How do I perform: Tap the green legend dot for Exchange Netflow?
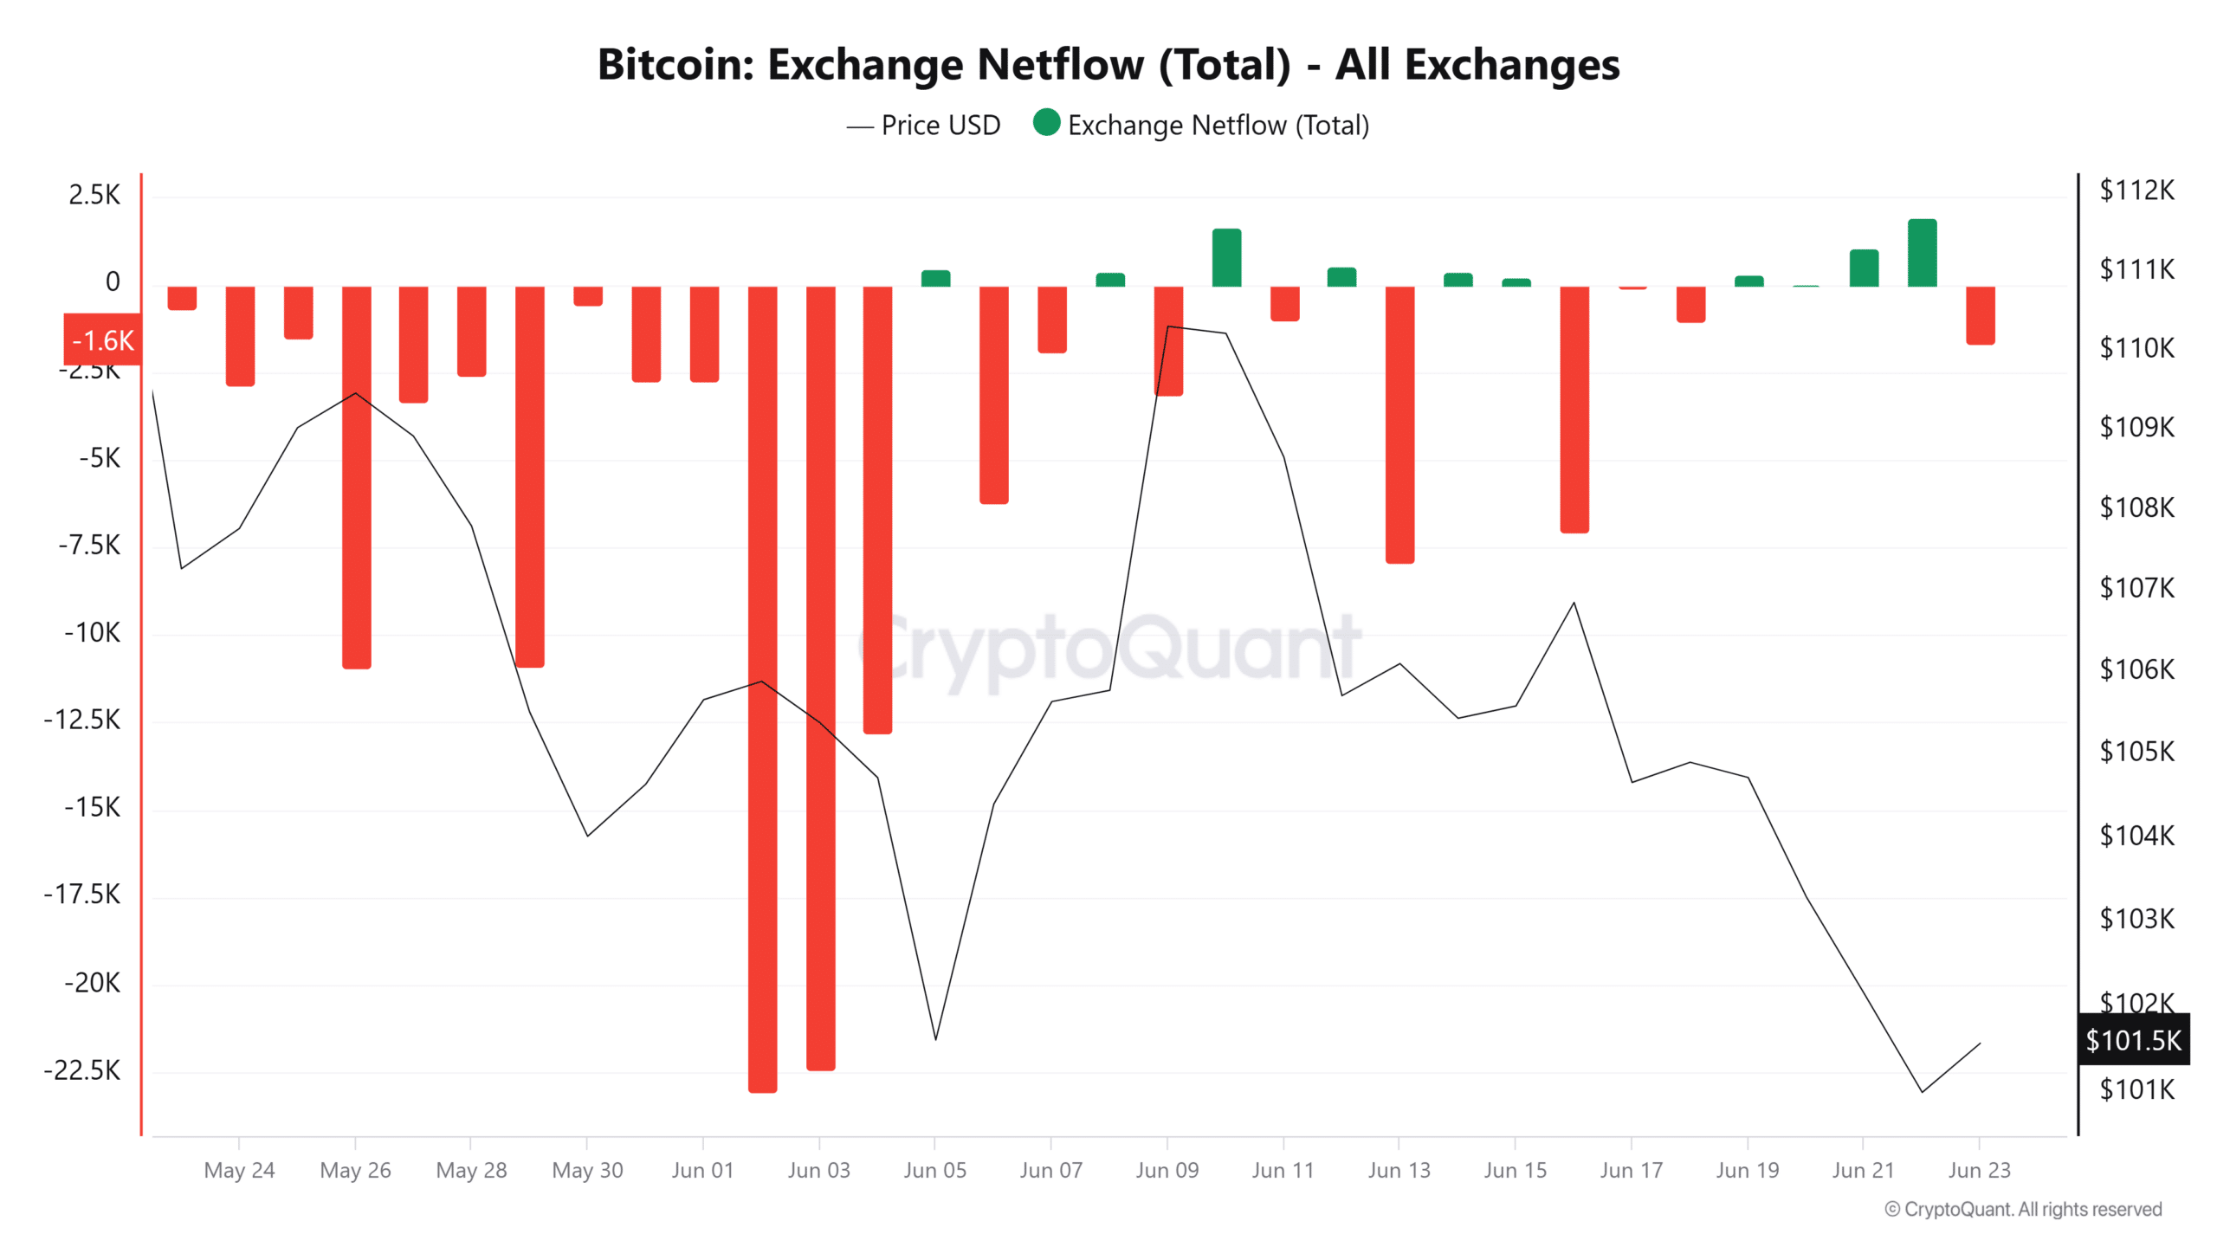(1046, 123)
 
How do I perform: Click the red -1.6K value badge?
(102, 340)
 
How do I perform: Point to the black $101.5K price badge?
(2132, 1039)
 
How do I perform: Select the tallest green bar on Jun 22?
(1922, 253)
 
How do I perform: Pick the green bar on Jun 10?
(1226, 257)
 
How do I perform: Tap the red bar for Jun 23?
(1980, 315)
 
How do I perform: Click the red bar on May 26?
(356, 476)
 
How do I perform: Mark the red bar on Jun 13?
(1399, 424)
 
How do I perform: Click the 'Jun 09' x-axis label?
(1167, 1170)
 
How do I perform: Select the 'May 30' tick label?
(587, 1170)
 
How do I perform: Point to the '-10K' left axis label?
(93, 632)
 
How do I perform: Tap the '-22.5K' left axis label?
(82, 1070)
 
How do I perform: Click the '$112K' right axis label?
(2136, 190)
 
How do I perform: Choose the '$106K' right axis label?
(2136, 669)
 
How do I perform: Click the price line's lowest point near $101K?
(1922, 1091)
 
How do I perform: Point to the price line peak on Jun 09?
(1168, 326)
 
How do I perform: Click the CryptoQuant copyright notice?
(2023, 1209)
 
